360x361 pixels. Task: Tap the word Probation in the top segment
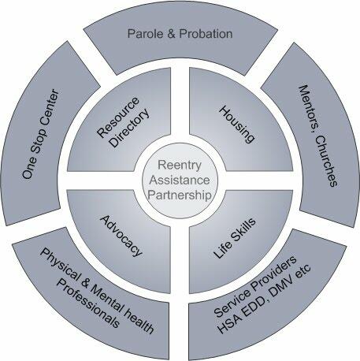tap(206, 34)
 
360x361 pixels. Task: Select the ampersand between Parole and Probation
tap(171, 34)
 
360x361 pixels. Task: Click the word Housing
tap(237, 125)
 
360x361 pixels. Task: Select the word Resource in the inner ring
tap(118, 117)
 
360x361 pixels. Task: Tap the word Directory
tap(130, 128)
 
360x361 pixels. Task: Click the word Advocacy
tap(121, 236)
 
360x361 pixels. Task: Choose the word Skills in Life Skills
tap(243, 229)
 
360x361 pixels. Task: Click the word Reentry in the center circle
tap(180, 166)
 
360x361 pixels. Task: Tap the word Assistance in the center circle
tap(180, 180)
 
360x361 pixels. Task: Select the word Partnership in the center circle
tap(180, 195)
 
